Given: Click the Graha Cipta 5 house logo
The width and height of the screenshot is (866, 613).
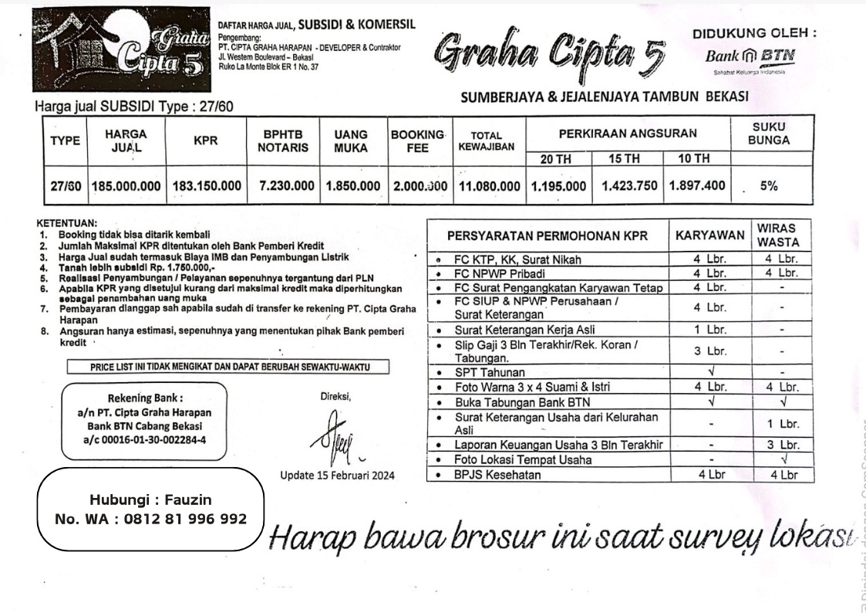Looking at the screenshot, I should click(121, 50).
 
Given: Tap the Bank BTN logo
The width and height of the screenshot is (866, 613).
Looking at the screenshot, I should click(750, 57).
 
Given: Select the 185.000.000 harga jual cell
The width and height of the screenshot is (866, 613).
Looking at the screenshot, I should click(126, 186).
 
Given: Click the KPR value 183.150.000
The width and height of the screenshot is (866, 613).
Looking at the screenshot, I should click(206, 186).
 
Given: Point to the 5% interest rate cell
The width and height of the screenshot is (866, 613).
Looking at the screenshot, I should click(768, 186).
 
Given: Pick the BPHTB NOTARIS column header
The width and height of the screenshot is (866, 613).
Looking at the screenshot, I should click(282, 141).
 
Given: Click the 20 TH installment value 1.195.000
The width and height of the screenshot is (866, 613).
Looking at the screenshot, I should click(558, 186).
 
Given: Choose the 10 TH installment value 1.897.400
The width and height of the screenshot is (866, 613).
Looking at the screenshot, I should click(697, 186).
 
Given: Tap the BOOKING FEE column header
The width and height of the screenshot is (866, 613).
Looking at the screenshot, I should click(417, 141).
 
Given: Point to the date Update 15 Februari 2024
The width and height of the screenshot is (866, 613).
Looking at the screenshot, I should click(337, 475).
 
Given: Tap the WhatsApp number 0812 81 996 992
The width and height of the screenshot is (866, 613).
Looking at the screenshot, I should click(150, 519).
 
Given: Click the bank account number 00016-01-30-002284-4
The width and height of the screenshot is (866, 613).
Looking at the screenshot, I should click(144, 440).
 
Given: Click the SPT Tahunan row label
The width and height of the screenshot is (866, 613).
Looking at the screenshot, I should click(489, 373).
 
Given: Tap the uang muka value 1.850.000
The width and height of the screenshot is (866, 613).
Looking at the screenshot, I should click(352, 186).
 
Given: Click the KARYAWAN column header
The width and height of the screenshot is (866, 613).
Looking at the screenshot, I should click(710, 235).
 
